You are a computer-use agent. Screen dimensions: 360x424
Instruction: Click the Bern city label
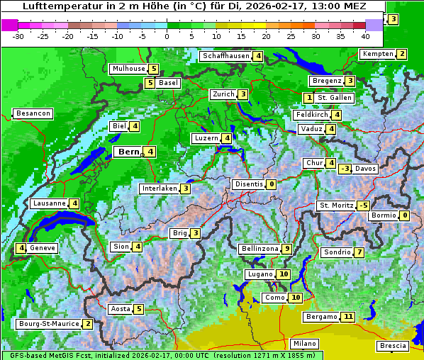click(x=128, y=152)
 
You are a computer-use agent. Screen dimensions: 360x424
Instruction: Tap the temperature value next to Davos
click(x=345, y=169)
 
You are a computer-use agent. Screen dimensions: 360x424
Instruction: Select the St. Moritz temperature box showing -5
click(x=363, y=206)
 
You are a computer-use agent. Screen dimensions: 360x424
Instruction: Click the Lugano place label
click(x=260, y=274)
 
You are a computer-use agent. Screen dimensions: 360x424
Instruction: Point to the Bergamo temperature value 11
click(x=347, y=317)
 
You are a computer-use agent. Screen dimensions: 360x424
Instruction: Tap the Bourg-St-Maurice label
click(x=48, y=324)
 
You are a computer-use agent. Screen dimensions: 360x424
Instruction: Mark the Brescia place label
click(x=394, y=346)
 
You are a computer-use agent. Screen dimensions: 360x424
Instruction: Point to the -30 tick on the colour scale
click(x=18, y=35)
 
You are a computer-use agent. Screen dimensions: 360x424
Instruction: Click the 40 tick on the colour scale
click(x=365, y=35)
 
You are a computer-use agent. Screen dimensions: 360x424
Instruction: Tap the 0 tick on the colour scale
click(x=167, y=35)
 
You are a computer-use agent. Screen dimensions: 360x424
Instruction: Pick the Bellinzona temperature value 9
click(x=286, y=249)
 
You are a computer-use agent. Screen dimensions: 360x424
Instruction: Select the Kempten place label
click(x=376, y=55)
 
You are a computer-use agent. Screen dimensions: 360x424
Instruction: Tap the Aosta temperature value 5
click(x=139, y=309)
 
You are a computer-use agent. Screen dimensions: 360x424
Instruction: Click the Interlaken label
click(x=159, y=189)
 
